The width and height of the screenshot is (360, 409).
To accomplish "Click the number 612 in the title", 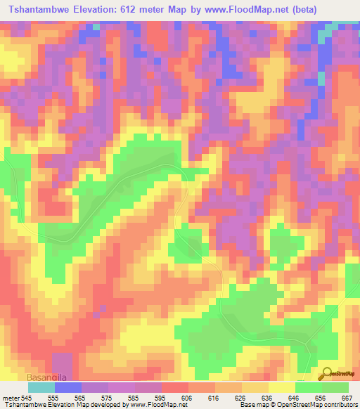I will [169, 9].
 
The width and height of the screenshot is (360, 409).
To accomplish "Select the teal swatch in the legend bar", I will [41, 387].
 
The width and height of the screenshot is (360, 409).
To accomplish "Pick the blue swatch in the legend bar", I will [67, 387].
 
